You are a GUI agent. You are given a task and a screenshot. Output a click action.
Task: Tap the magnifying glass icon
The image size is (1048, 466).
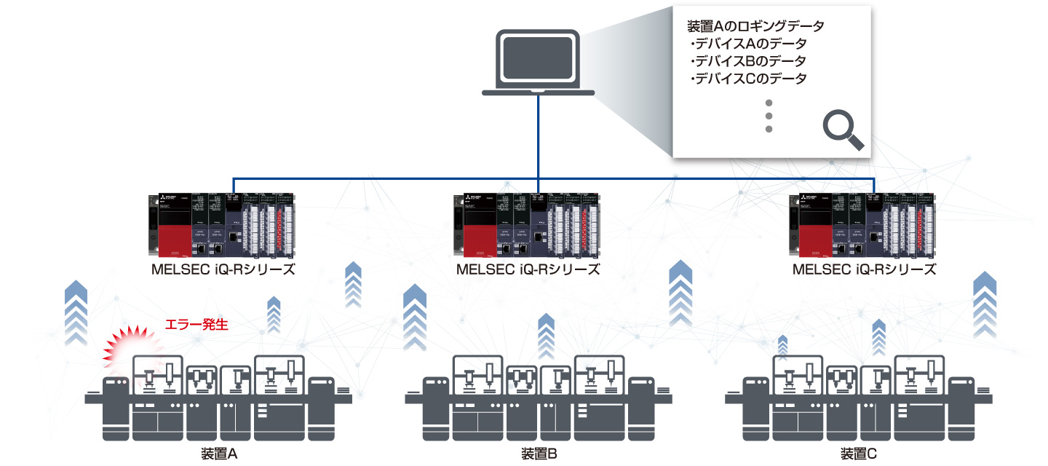tap(843, 131)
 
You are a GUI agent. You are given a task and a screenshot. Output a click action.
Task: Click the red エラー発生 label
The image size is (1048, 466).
tap(197, 325)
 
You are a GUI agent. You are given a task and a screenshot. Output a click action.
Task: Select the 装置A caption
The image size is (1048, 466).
tap(219, 454)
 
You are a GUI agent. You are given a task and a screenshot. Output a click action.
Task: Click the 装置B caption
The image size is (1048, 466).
tap(539, 454)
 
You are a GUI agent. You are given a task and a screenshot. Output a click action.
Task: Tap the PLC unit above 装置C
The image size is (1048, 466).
tap(862, 226)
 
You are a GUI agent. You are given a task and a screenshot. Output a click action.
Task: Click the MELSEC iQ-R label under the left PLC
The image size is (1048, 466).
tap(223, 269)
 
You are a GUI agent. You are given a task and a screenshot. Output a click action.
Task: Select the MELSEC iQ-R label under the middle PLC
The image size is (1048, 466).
tap(528, 269)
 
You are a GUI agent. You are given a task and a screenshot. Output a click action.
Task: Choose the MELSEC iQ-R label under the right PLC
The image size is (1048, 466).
tap(863, 269)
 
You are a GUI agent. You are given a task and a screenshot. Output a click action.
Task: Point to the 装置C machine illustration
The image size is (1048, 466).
tap(859, 400)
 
